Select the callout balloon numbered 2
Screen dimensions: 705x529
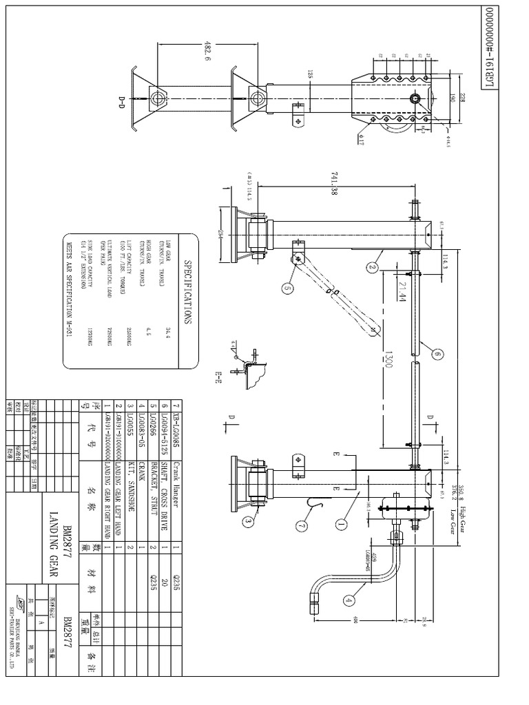[x=373, y=267]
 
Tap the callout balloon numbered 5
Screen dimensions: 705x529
[x=286, y=289]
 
